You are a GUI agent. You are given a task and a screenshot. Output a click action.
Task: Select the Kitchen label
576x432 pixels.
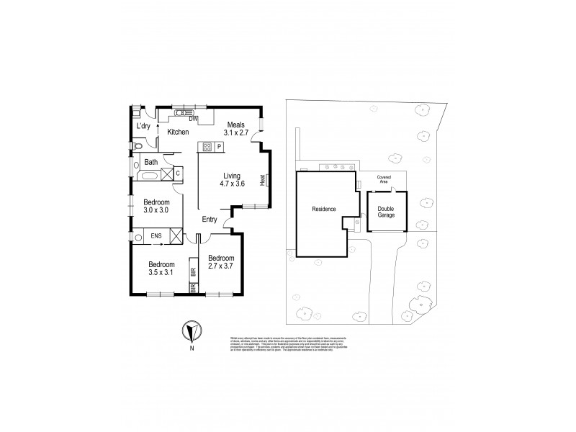pyautogui.click(x=178, y=132)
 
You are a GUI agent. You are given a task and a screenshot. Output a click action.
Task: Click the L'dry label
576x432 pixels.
pyautogui.click(x=143, y=126)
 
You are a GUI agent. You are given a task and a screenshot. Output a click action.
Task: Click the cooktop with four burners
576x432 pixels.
pyautogui.click(x=207, y=148)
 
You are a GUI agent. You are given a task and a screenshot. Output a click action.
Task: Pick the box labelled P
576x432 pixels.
pyautogui.click(x=220, y=148)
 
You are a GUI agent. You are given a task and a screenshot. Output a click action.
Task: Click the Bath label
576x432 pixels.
pyautogui.click(x=151, y=162)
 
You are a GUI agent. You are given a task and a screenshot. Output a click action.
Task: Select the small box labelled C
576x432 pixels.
pyautogui.click(x=177, y=173)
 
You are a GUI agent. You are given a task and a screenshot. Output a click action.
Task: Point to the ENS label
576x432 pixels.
pyautogui.click(x=156, y=235)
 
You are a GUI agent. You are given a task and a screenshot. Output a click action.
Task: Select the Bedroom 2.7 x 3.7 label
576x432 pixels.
pyautogui.click(x=220, y=263)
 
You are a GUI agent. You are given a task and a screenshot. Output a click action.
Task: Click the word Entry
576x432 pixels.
pyautogui.click(x=210, y=220)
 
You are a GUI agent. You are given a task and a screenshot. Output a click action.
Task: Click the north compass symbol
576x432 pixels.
pyautogui.click(x=190, y=331)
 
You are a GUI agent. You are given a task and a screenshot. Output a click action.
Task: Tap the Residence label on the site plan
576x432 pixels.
pyautogui.click(x=323, y=209)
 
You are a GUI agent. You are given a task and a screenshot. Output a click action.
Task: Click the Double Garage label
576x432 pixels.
pyautogui.click(x=386, y=211)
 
